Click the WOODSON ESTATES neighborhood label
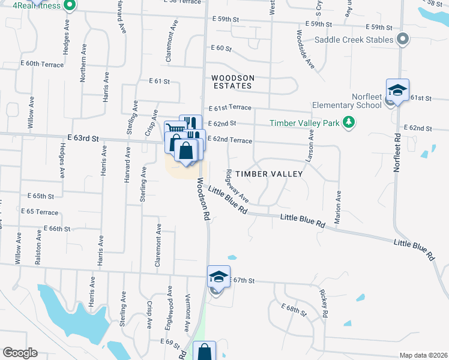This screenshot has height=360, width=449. [x=232, y=82]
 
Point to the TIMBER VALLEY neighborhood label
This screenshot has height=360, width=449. [x=268, y=173]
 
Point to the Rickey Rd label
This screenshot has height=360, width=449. [x=324, y=304]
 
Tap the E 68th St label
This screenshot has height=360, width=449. [x=294, y=310]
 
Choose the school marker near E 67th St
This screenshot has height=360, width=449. [x=218, y=277]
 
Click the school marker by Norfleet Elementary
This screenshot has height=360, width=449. [x=397, y=90]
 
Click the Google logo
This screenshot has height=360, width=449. [x=20, y=353]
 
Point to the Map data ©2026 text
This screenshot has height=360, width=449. [x=423, y=355]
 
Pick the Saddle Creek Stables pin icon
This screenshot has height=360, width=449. [x=403, y=40]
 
